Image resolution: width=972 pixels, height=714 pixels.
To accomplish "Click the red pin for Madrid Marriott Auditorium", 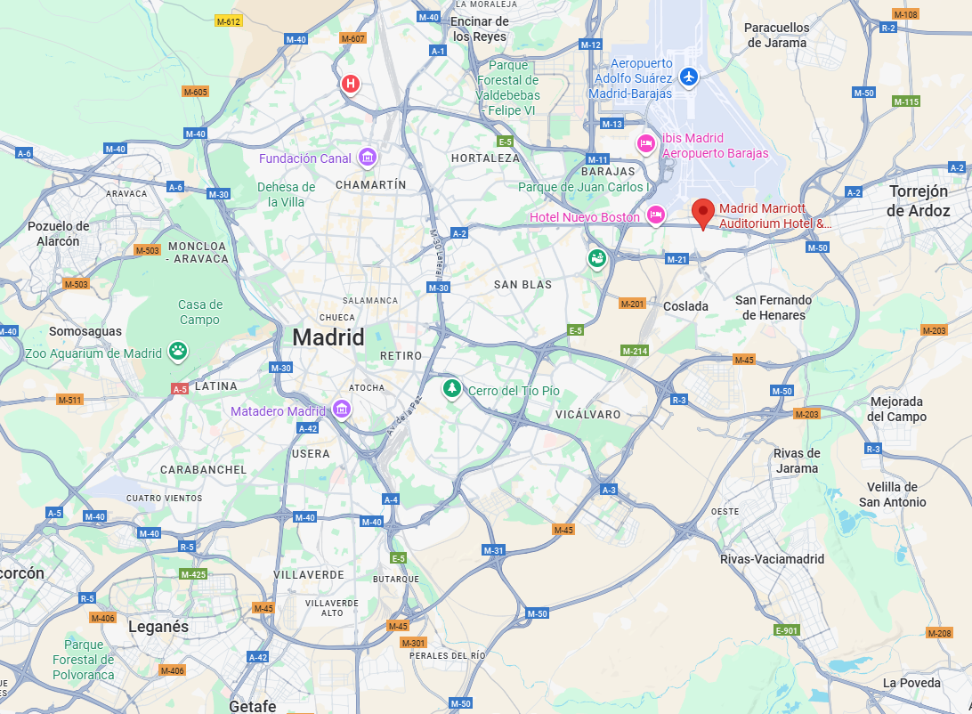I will click(x=703, y=213).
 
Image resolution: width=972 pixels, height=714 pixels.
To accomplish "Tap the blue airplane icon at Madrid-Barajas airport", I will click(x=688, y=77).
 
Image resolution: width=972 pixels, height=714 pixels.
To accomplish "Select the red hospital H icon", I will click(x=351, y=84).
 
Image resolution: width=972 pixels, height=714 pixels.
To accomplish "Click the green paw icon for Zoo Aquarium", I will click(x=179, y=352).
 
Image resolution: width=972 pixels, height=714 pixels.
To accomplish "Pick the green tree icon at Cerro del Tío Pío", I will click(x=452, y=389).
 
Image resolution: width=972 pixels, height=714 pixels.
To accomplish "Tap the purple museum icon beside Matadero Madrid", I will click(x=342, y=410).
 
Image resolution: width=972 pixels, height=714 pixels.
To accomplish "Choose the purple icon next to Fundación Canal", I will click(x=367, y=158).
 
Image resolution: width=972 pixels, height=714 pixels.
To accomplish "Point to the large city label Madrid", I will click(x=328, y=337).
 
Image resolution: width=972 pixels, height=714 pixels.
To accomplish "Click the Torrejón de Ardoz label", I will click(x=919, y=201).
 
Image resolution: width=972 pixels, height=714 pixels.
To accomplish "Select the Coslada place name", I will click(x=685, y=306).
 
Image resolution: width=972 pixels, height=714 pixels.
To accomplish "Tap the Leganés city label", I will click(x=158, y=627).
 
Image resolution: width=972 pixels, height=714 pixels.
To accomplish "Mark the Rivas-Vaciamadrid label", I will click(x=772, y=559).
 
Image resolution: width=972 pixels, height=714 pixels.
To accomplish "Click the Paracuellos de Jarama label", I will click(x=777, y=35).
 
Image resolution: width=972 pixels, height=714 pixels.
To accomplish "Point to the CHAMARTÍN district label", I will click(x=370, y=184).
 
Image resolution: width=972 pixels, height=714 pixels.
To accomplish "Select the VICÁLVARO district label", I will click(x=587, y=415).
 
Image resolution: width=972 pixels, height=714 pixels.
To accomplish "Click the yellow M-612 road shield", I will click(x=229, y=20).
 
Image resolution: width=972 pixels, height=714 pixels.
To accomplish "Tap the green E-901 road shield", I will click(x=787, y=630).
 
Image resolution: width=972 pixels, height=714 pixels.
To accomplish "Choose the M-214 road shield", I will click(x=635, y=351).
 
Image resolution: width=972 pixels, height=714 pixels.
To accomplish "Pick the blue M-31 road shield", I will click(x=494, y=550).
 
